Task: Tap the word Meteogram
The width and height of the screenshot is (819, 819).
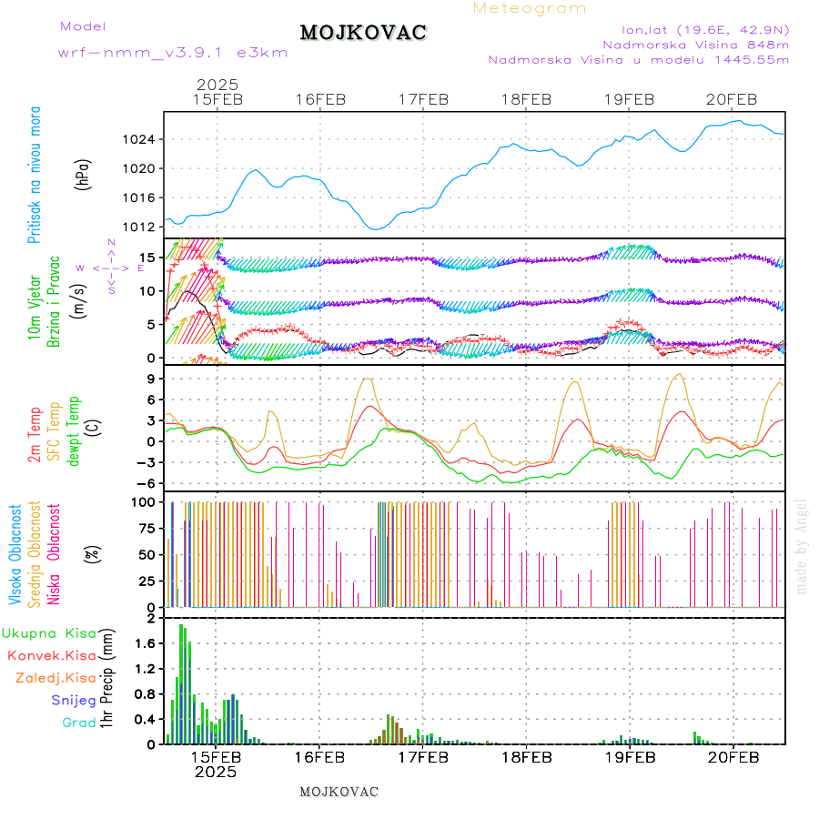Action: click(x=530, y=8)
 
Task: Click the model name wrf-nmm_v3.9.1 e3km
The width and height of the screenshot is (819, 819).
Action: click(x=173, y=53)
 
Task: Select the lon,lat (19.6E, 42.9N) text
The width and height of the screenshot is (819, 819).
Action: click(x=704, y=28)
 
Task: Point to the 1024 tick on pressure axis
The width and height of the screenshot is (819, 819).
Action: click(x=141, y=139)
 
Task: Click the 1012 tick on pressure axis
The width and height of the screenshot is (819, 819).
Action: click(x=141, y=227)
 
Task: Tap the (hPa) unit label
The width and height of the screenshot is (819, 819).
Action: click(x=83, y=174)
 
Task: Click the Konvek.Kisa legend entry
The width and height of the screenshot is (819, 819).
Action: click(x=51, y=654)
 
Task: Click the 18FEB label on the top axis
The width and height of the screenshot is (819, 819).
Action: click(x=526, y=100)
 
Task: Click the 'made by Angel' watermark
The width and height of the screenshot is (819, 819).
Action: click(x=801, y=546)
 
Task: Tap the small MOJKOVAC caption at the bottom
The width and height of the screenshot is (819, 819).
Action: click(x=339, y=792)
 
